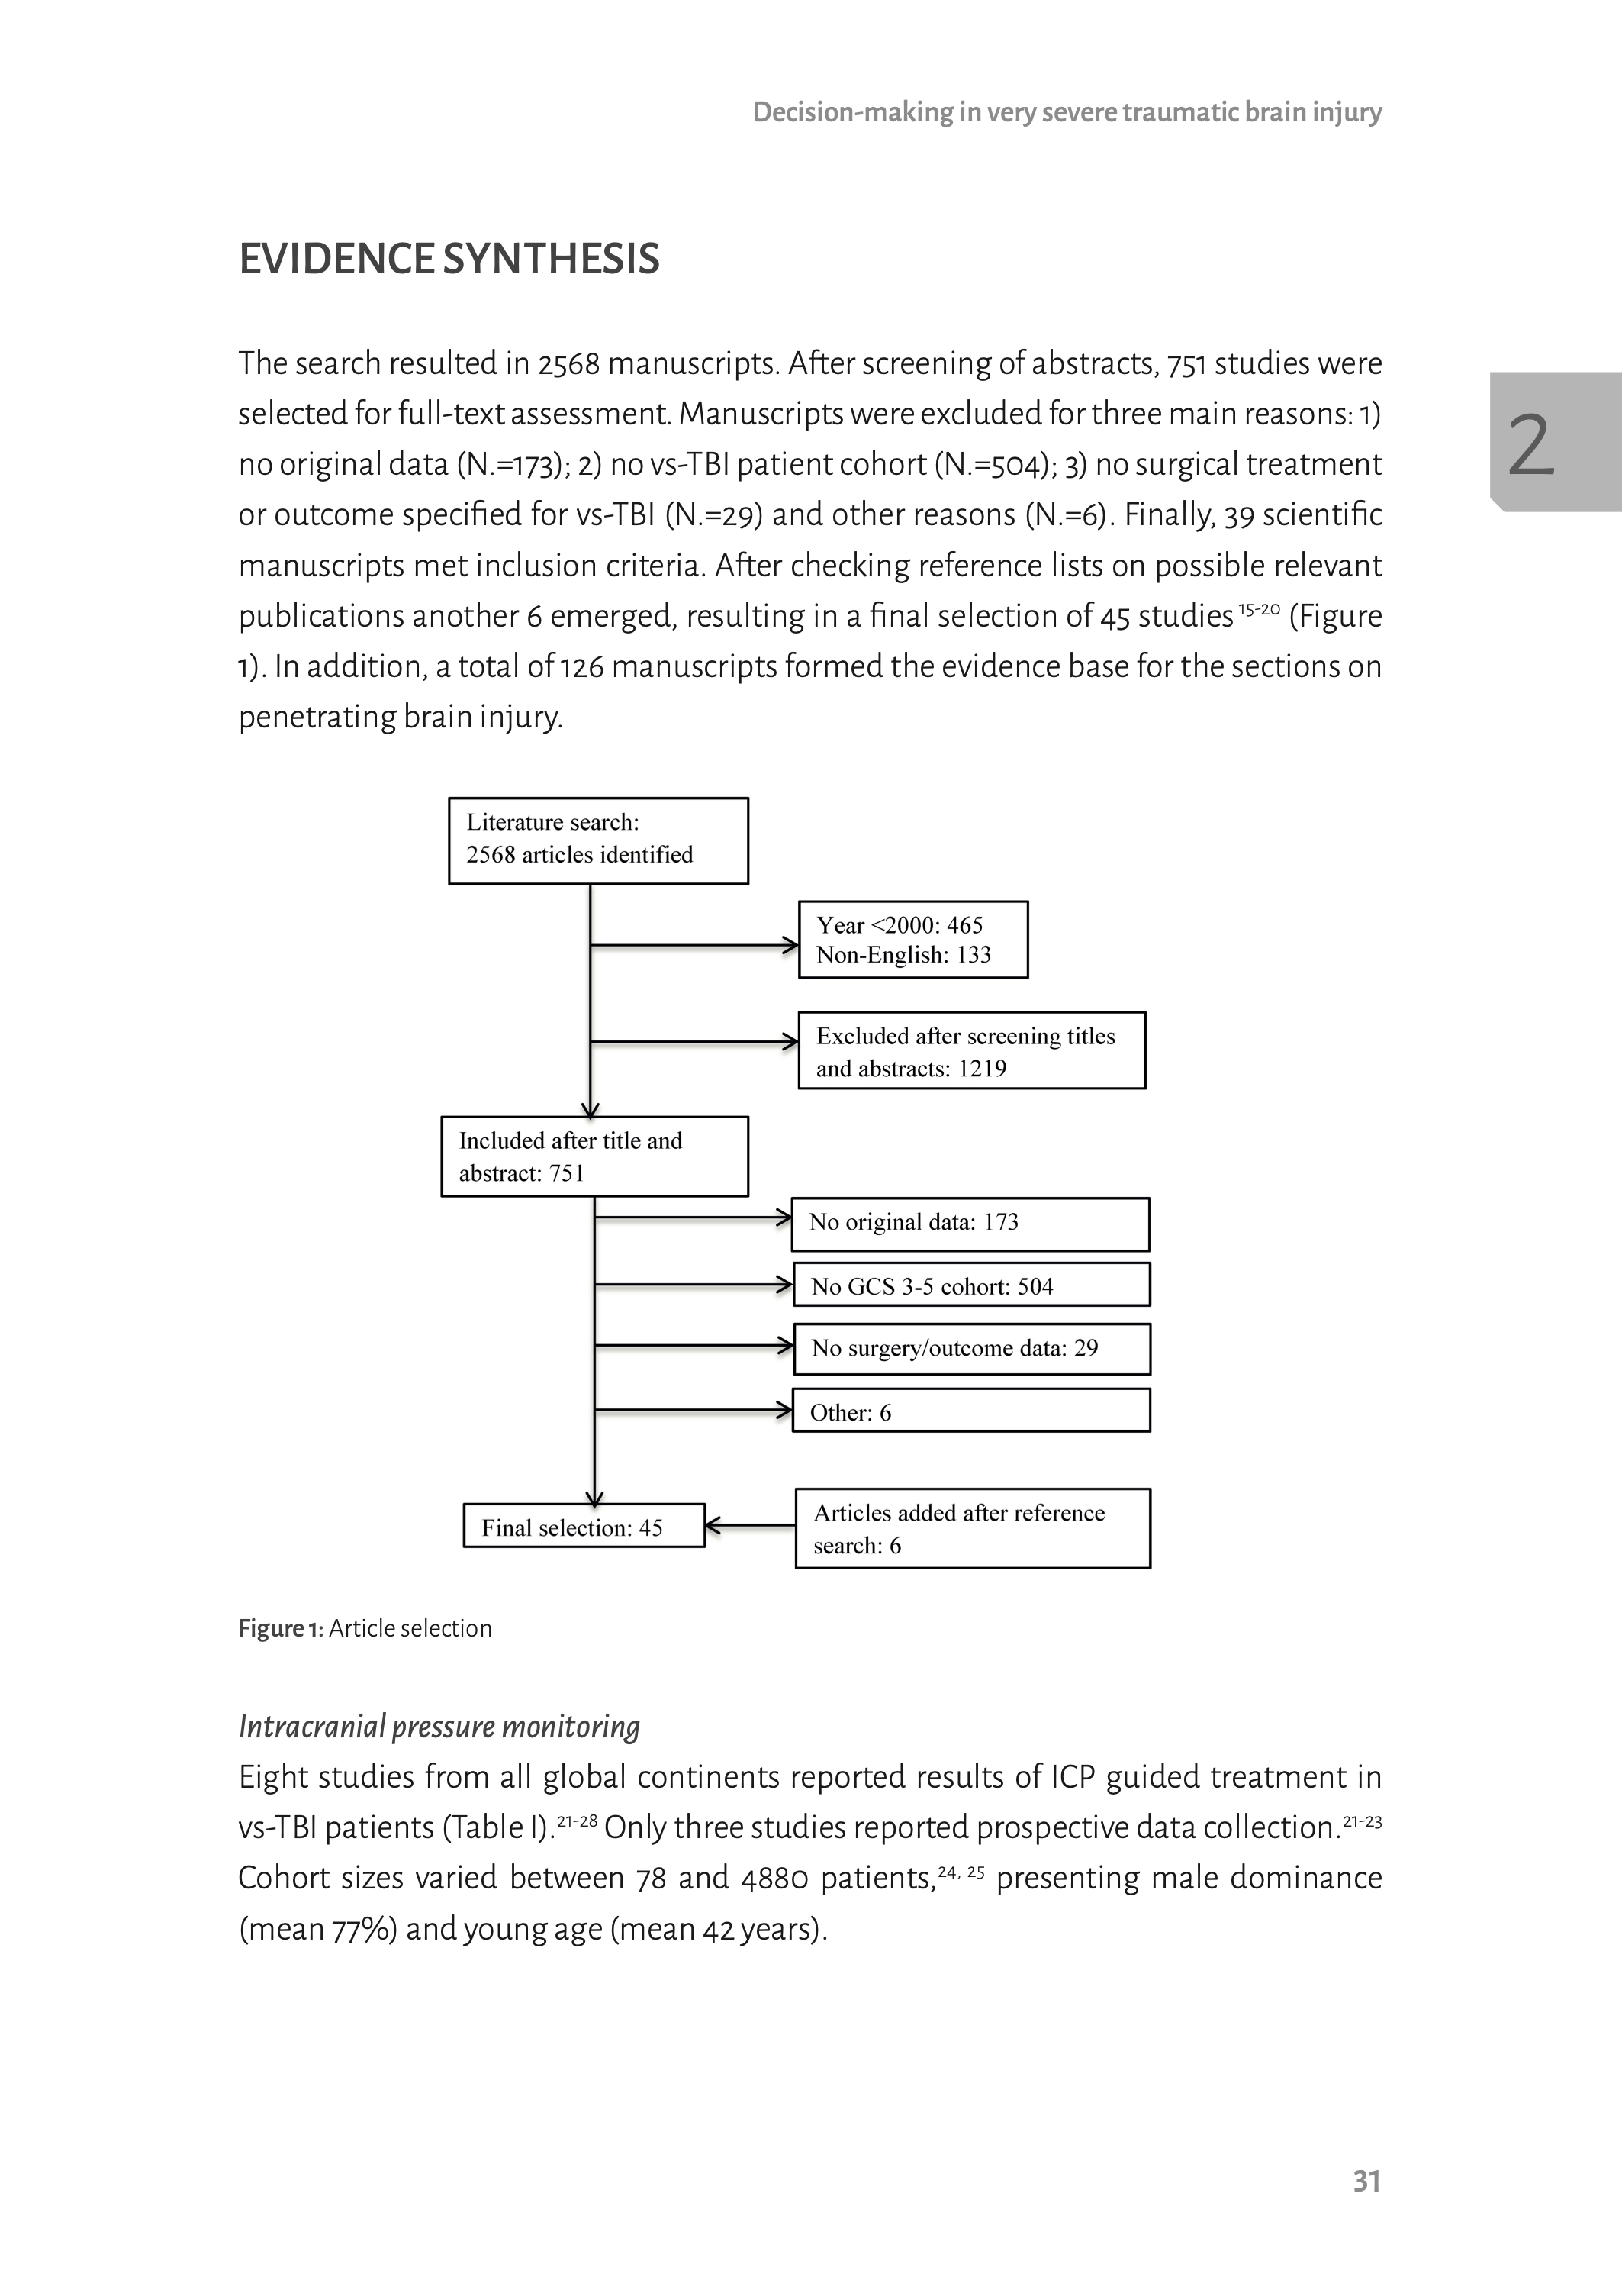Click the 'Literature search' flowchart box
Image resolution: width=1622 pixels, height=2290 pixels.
(x=597, y=840)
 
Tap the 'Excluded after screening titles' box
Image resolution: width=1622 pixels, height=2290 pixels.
(x=970, y=1050)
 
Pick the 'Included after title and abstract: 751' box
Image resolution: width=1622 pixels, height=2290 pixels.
(x=594, y=1156)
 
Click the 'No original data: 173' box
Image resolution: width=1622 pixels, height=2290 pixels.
(x=970, y=1223)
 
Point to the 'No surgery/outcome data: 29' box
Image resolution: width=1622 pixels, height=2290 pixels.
(x=970, y=1348)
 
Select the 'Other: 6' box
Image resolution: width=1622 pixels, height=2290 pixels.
(x=970, y=1411)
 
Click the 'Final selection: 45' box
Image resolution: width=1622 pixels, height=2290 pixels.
(x=584, y=1526)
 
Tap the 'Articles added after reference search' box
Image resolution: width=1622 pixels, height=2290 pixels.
(x=972, y=1527)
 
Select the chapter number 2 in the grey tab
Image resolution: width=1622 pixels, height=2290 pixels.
(x=1530, y=444)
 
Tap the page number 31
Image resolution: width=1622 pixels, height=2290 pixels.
(x=1366, y=2181)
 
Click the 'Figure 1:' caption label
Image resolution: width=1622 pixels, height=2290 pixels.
(x=281, y=1629)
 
